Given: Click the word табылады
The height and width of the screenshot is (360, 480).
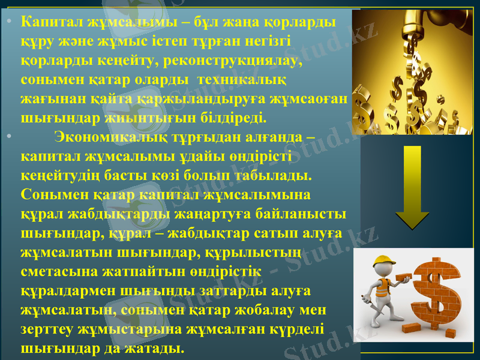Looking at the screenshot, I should coord(265,175).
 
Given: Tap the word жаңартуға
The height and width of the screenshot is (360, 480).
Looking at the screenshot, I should coord(203,214).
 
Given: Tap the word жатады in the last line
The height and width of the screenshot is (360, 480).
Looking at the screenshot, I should coord(156,348).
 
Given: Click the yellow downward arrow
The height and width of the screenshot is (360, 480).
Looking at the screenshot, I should coord(412,186).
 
